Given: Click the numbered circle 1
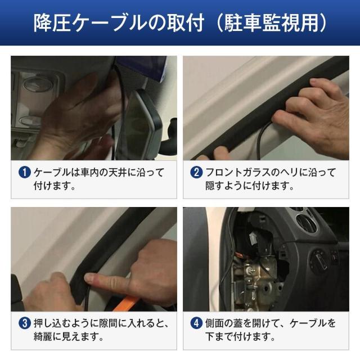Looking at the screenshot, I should click(x=25, y=173).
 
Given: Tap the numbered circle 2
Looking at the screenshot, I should click(x=196, y=173).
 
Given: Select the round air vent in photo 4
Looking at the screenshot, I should click(x=307, y=222).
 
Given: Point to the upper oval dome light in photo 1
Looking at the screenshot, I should click(x=37, y=84).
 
